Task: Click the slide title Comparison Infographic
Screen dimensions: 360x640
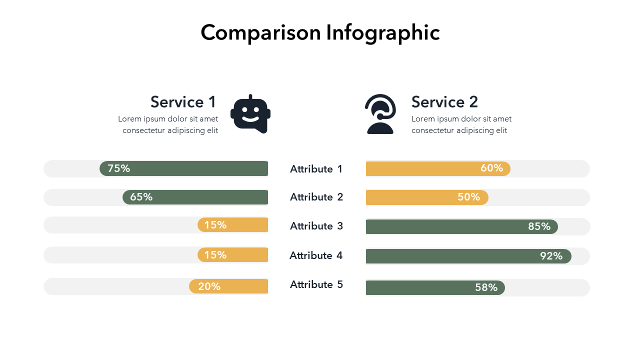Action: (x=320, y=33)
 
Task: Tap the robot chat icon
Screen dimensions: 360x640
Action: (x=250, y=114)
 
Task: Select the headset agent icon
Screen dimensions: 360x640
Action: (x=380, y=114)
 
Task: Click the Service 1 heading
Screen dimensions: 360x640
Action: (x=183, y=102)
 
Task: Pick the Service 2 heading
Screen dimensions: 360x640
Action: (x=444, y=102)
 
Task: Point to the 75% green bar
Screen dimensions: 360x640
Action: (x=184, y=168)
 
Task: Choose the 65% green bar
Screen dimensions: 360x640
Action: (x=195, y=197)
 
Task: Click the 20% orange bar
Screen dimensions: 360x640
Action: (x=228, y=286)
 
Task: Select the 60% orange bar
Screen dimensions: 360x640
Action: (x=438, y=168)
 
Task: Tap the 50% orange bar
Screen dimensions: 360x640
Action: (x=427, y=197)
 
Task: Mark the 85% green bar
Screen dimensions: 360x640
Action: (x=461, y=226)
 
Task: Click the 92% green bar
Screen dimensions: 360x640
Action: (x=468, y=256)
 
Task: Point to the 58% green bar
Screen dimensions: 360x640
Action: (x=435, y=287)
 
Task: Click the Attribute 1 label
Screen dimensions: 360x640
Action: (x=316, y=169)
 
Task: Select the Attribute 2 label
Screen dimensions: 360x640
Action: (x=316, y=197)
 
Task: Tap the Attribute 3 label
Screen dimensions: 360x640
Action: (x=316, y=226)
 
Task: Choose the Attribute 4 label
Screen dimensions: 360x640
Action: (x=316, y=255)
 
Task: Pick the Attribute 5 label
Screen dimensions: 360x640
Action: (x=316, y=284)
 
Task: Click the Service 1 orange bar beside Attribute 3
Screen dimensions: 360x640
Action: (x=233, y=225)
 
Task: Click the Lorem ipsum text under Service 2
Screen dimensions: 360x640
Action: (x=461, y=124)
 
